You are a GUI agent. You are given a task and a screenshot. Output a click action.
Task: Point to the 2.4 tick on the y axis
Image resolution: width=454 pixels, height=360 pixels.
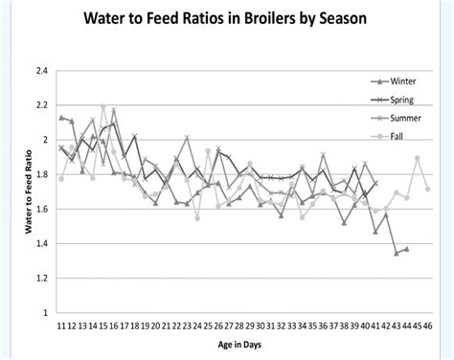41,71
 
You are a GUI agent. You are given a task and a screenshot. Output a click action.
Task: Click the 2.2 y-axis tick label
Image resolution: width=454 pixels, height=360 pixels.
41,105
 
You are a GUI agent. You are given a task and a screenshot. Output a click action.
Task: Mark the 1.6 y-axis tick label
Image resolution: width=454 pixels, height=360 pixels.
41,209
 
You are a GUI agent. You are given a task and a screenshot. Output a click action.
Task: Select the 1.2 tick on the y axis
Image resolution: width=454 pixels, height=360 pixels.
41,278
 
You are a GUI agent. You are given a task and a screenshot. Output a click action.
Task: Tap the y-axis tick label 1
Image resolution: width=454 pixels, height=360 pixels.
44,312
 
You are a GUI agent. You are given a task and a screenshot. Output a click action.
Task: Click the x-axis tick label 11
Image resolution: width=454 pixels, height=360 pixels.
60,326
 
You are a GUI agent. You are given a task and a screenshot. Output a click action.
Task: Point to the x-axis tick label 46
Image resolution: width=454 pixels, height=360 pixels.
426,326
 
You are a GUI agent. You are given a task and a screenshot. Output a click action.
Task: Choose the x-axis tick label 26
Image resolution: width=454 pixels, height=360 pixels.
217,326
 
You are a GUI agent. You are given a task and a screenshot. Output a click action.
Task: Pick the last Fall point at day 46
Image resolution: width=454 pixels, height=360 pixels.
427,189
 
